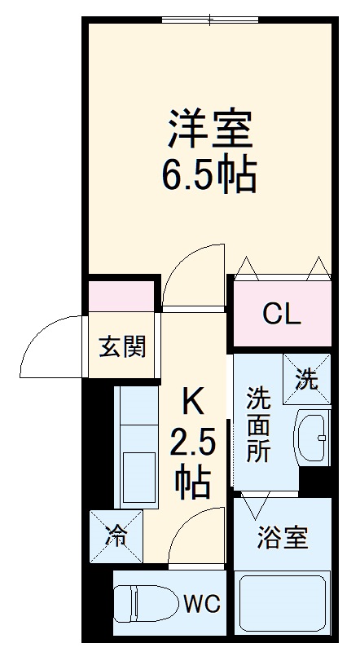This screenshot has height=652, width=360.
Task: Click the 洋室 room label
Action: point(211,130)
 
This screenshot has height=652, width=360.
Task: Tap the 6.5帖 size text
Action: point(211,174)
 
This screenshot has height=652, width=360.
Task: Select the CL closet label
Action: point(282,314)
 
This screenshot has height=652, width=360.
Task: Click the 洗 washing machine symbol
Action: point(307,379)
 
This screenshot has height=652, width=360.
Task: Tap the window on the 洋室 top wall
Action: point(209,20)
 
